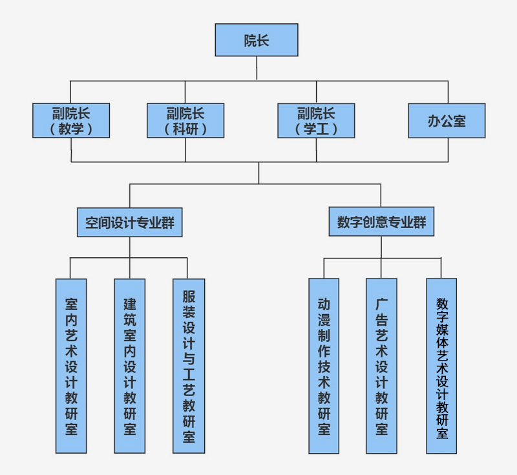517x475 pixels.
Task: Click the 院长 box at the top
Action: (257, 40)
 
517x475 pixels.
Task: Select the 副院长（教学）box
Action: (71, 120)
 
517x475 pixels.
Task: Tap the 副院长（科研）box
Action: (185, 120)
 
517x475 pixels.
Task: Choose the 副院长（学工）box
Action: (316, 120)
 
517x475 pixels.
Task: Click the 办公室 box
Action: (447, 121)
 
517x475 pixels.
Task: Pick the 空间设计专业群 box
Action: (130, 222)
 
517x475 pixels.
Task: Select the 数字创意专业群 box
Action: (381, 222)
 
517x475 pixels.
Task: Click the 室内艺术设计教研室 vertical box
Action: (71, 366)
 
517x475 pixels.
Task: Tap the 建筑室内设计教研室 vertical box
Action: (130, 366)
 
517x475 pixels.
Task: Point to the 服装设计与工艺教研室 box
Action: (189, 366)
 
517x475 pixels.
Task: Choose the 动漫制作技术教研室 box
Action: (324, 366)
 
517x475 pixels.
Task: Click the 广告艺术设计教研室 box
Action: (381, 366)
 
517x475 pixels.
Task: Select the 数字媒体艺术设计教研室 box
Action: (441, 366)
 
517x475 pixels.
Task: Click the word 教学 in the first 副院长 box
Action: (71, 129)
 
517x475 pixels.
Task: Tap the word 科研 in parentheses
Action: (185, 129)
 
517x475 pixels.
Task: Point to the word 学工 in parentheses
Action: (316, 129)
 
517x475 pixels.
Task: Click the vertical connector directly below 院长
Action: (257, 69)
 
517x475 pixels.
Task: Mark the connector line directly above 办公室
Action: (448, 92)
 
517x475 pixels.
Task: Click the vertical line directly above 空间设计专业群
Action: (130, 196)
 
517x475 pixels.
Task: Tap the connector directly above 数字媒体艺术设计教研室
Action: (441, 268)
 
